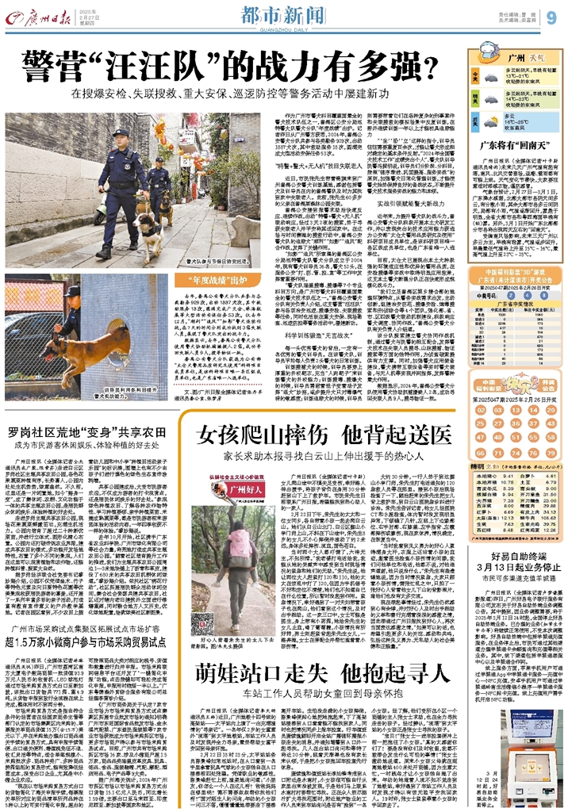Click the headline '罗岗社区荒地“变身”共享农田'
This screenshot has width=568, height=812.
tap(95, 433)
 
